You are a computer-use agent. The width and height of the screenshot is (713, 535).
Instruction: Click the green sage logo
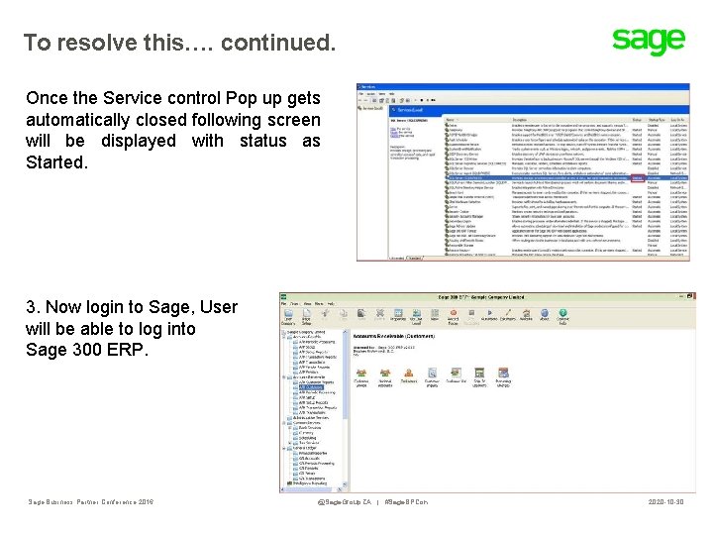[x=648, y=41]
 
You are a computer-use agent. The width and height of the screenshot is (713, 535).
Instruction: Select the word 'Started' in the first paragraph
[x=56, y=162]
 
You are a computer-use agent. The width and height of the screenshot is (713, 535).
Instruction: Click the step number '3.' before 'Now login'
[x=33, y=307]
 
